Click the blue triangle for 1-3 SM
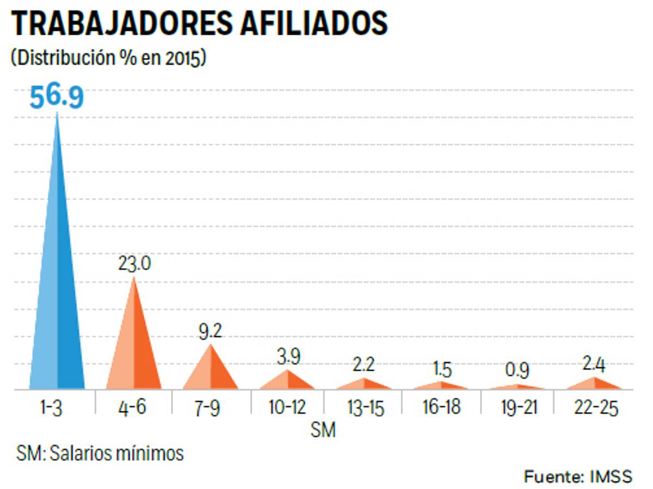click(x=57, y=283)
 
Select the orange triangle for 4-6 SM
click(x=134, y=348)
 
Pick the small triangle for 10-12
click(x=287, y=381)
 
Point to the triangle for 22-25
click(x=594, y=384)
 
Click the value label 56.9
click(x=57, y=98)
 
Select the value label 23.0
click(x=134, y=265)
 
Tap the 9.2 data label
click(x=211, y=331)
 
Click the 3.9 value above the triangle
click(x=287, y=357)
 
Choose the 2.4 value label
click(x=594, y=364)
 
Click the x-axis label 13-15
click(x=364, y=407)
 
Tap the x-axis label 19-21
click(x=518, y=407)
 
